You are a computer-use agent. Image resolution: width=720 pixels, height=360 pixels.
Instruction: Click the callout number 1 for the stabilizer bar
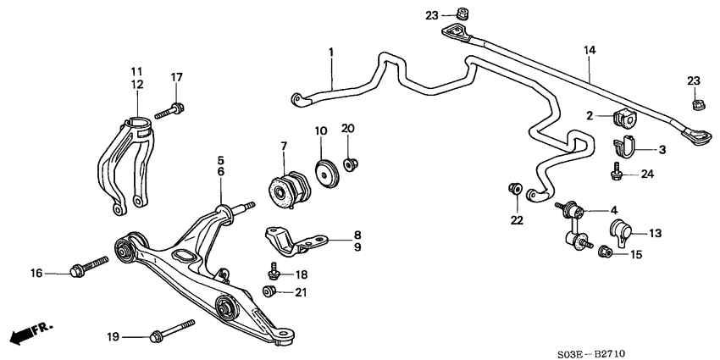click(331, 53)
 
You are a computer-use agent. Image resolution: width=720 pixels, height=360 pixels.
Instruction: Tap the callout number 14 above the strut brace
click(590, 51)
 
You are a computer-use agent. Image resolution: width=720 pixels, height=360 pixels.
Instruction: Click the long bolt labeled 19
click(172, 330)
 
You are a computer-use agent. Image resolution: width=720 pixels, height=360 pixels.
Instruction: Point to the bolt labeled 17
click(171, 109)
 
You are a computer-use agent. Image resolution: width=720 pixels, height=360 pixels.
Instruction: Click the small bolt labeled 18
click(274, 271)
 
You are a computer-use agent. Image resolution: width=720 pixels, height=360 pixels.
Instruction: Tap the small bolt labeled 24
click(618, 174)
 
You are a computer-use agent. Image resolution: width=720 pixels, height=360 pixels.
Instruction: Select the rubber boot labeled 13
click(620, 230)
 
